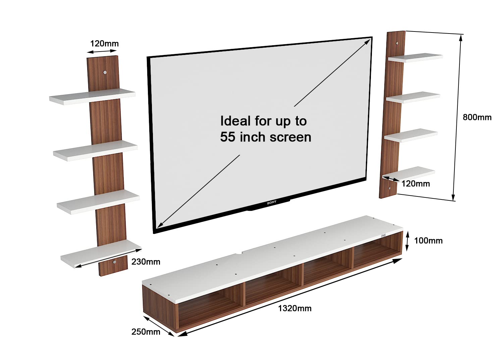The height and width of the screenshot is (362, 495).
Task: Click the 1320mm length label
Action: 294,308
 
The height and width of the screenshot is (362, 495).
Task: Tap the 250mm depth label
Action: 146,332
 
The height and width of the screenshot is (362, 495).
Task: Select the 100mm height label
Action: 428,241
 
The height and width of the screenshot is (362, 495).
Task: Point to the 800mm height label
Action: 477,117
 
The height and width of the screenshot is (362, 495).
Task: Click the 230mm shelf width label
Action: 146,262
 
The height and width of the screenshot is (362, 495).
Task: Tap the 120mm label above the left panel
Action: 104,44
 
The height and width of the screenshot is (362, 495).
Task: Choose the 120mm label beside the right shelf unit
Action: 416,184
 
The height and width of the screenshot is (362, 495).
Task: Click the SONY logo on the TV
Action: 272,202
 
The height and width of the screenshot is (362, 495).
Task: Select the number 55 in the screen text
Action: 227,137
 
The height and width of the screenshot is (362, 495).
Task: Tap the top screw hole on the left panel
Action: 105,72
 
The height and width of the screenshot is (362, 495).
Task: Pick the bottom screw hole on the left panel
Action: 114,262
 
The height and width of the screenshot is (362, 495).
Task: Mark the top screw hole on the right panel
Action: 397,43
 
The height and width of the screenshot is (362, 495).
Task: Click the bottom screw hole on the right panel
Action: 389,188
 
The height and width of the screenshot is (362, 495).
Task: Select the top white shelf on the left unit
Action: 92,97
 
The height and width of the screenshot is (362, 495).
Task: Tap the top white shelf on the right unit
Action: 415,58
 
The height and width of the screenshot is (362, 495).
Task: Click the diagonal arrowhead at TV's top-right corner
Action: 367,42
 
